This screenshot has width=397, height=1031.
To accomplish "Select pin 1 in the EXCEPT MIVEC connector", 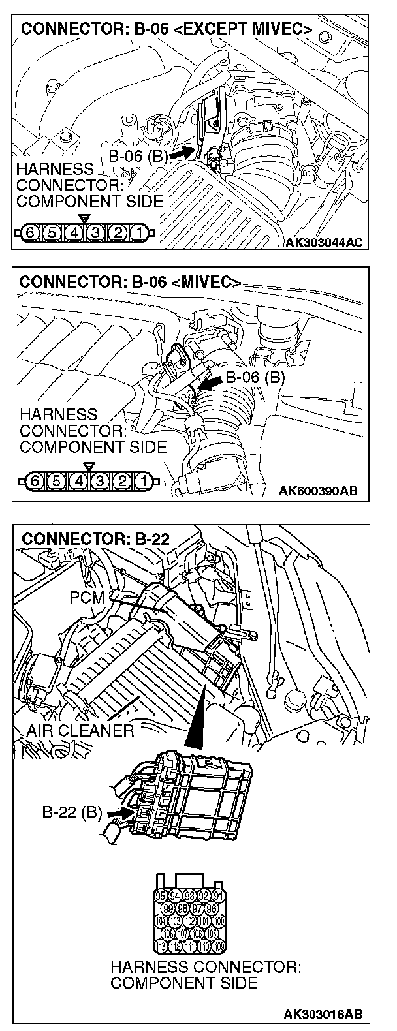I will point(138,232).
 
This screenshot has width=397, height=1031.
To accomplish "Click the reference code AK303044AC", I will point(324,243).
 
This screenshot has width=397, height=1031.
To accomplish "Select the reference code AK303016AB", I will point(323,1015).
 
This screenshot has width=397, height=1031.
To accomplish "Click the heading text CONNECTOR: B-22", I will point(95,539).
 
